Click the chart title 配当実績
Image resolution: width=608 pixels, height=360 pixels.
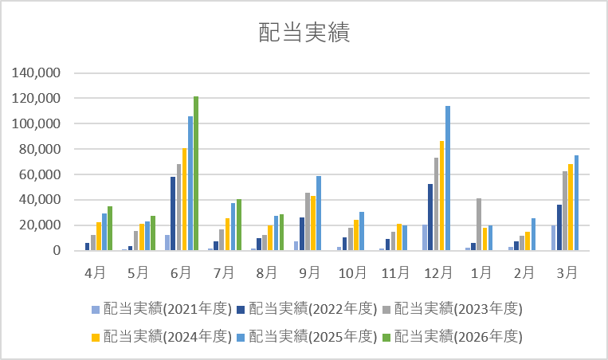[304, 32]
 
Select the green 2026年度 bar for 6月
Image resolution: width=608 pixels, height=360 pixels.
[196, 173]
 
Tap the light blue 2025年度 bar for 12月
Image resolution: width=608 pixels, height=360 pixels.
[448, 178]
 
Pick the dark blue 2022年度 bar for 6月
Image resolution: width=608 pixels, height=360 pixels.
[173, 213]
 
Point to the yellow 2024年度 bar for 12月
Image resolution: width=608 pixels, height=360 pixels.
[442, 196]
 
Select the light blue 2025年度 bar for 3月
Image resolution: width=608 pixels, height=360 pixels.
[576, 202]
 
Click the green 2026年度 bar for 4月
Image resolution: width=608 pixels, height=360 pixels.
[110, 229]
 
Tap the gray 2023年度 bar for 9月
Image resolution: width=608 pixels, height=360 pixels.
[308, 221]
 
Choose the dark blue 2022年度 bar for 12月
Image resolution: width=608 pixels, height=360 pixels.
[430, 217]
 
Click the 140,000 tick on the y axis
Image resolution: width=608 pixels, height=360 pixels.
[36, 72]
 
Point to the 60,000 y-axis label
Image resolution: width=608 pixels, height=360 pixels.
[40, 174]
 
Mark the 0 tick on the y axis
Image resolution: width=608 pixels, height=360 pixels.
[57, 250]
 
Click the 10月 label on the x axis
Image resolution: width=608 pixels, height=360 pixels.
[352, 273]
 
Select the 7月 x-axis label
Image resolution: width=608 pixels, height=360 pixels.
[224, 273]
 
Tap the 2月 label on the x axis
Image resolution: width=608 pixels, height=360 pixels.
[524, 273]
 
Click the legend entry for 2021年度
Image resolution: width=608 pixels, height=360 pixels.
[162, 309]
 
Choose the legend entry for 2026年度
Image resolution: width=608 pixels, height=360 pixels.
[453, 336]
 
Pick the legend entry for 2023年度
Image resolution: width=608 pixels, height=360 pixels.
[453, 309]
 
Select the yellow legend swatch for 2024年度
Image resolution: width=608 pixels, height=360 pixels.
[96, 338]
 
